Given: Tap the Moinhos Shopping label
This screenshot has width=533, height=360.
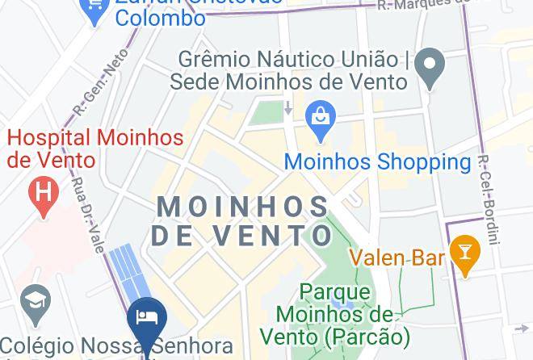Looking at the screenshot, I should pos(377,161).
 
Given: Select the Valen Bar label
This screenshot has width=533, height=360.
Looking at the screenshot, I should pos(397,258).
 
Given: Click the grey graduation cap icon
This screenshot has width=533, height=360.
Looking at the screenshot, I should pos(37,299).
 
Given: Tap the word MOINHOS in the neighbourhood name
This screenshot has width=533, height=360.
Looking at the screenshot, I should pos(243,207).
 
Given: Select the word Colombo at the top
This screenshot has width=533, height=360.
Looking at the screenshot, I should pos(160,18).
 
